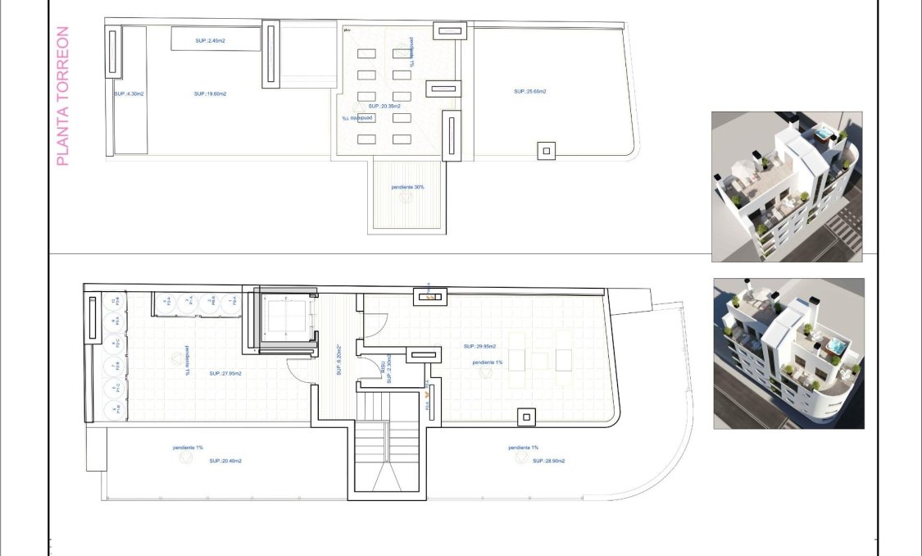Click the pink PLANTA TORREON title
(x=63, y=96)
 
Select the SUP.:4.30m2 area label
(x=129, y=94)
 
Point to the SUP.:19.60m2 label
(x=211, y=94)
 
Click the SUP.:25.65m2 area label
(x=530, y=92)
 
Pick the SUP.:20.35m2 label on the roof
(x=384, y=107)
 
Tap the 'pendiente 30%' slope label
(x=407, y=188)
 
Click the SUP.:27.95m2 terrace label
(x=225, y=374)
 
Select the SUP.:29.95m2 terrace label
(x=479, y=345)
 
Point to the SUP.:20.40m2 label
(x=225, y=461)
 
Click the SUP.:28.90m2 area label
(x=548, y=461)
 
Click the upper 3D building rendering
(x=786, y=187)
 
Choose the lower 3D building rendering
(x=788, y=353)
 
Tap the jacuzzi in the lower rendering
(x=834, y=347)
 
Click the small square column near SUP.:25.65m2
(x=545, y=150)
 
